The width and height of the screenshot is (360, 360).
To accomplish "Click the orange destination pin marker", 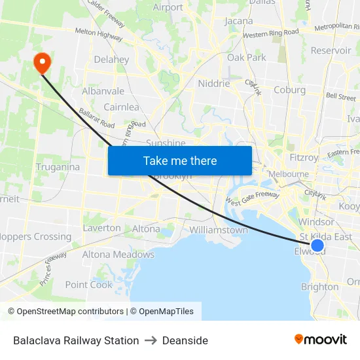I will pyautogui.click(x=42, y=62).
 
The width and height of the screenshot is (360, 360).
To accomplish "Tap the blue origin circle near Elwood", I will pyautogui.click(x=317, y=245).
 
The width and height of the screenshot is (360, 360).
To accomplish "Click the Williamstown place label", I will pyautogui.click(x=219, y=230).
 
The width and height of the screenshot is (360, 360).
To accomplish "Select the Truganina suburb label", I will pyautogui.click(x=58, y=167).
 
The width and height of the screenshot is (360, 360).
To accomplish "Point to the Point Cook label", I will pyautogui.click(x=89, y=285).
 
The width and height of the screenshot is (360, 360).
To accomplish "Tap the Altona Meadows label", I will pyautogui.click(x=118, y=255).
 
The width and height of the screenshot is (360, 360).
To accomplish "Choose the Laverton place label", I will pyautogui.click(x=101, y=228).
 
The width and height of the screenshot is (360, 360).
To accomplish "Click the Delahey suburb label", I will pyautogui.click(x=111, y=60).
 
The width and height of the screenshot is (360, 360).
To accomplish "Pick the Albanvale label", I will pyautogui.click(x=103, y=92).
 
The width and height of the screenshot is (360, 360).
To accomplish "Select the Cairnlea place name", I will pyautogui.click(x=121, y=107).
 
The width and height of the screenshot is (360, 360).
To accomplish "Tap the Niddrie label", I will pyautogui.click(x=213, y=84).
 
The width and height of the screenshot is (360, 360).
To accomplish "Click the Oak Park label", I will pyautogui.click(x=247, y=58).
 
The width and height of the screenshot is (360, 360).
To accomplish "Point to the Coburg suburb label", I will pyautogui.click(x=290, y=90).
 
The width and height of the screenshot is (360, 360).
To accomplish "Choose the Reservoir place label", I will pyautogui.click(x=331, y=50).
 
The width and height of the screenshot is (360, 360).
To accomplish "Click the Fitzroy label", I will pyautogui.click(x=304, y=157).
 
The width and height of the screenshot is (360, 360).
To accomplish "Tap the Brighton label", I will pyautogui.click(x=319, y=287).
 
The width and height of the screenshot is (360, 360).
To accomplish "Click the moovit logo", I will pyautogui.click(x=321, y=340).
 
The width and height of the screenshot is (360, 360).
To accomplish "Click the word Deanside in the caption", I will pyautogui.click(x=185, y=340).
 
